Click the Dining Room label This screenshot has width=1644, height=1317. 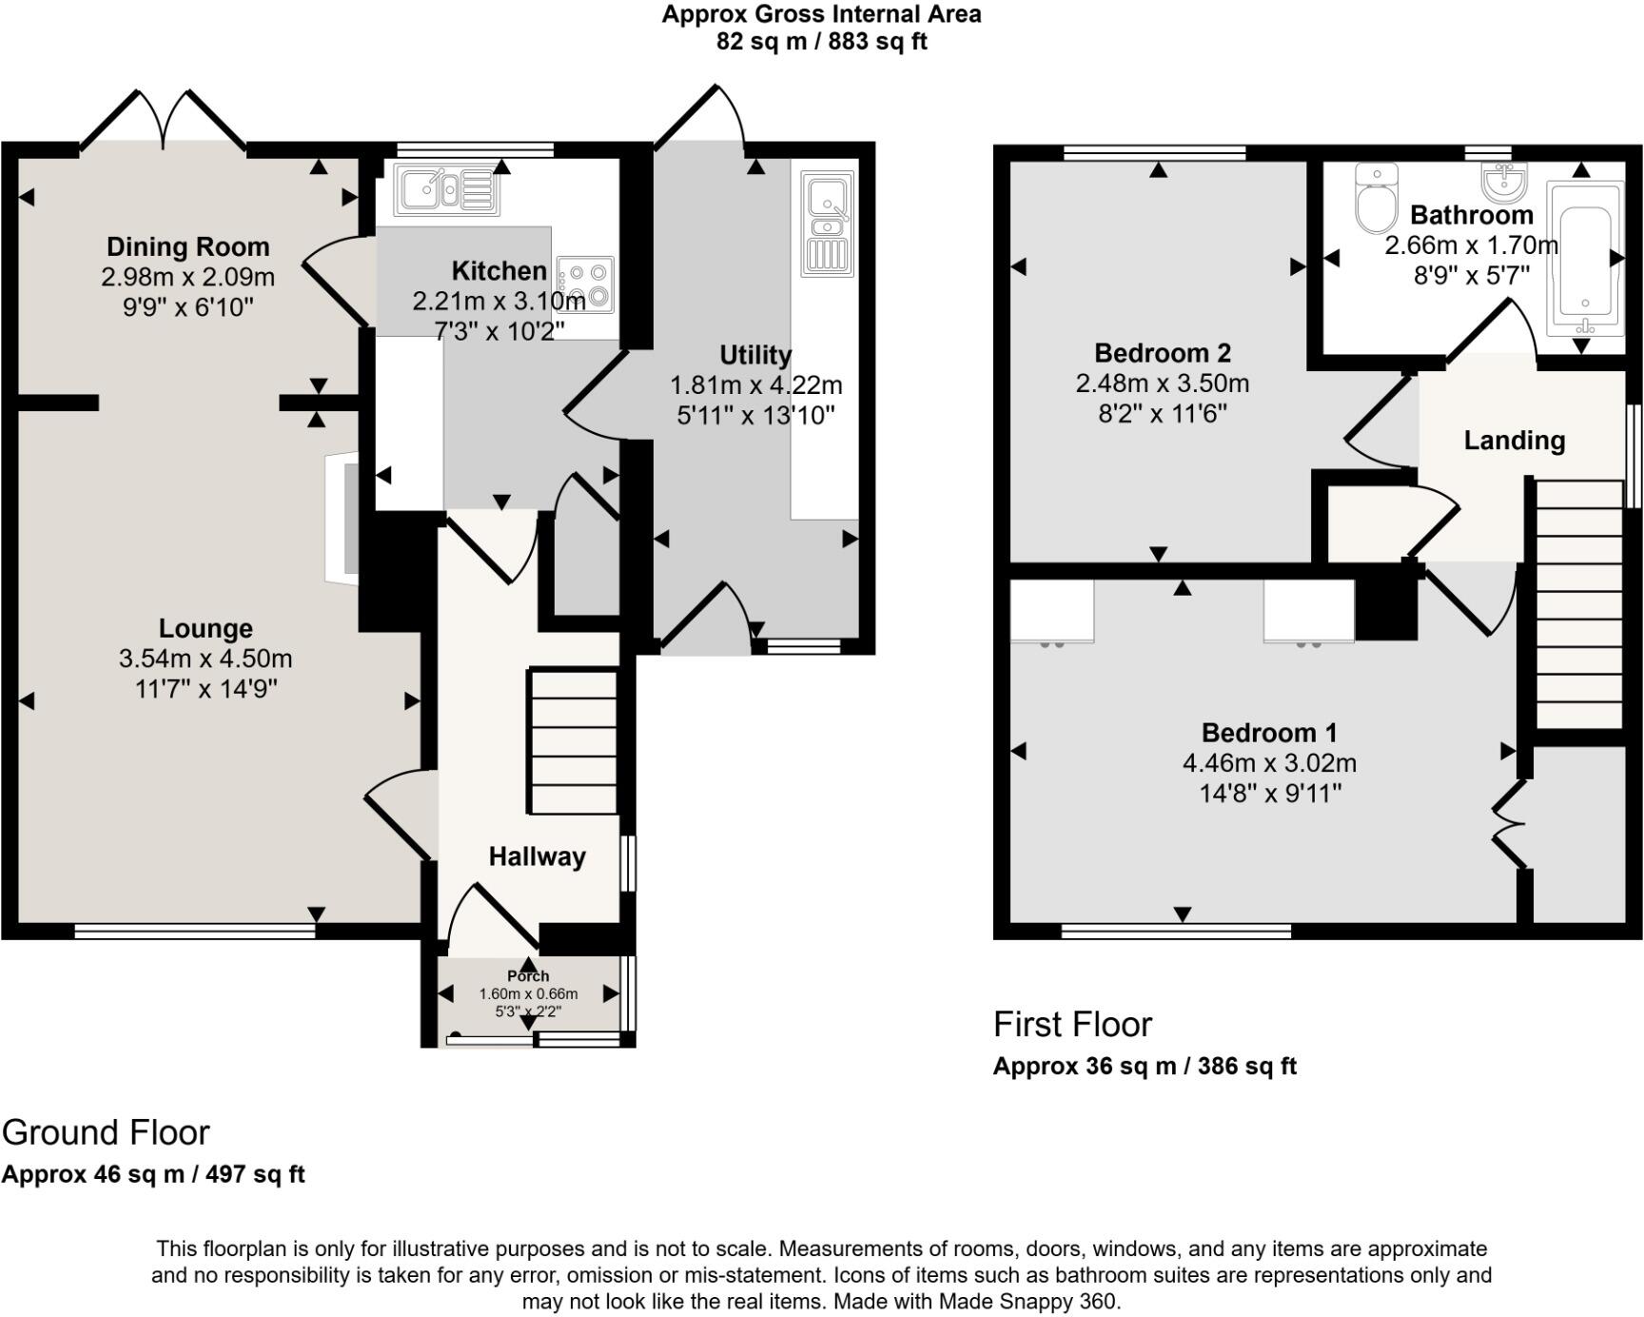(187, 246)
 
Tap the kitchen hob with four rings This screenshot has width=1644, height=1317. (587, 285)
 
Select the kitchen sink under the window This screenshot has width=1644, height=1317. (446, 189)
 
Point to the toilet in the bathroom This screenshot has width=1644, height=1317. (1376, 199)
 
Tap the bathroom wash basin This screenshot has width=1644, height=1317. (1504, 182)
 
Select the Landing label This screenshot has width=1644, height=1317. (1514, 441)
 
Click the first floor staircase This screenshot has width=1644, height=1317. (1579, 604)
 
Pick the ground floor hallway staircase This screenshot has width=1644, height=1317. (573, 742)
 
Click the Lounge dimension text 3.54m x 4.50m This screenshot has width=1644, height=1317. (205, 658)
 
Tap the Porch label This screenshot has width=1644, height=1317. (528, 975)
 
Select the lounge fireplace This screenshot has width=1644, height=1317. (342, 519)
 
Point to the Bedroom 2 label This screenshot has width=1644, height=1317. (1163, 353)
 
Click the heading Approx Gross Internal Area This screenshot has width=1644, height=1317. (821, 14)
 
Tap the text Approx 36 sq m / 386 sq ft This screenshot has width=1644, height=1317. (1145, 1066)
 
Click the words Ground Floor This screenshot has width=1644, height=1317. (106, 1132)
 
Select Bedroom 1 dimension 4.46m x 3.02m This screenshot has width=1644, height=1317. (1269, 763)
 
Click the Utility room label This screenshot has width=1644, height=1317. (755, 355)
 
